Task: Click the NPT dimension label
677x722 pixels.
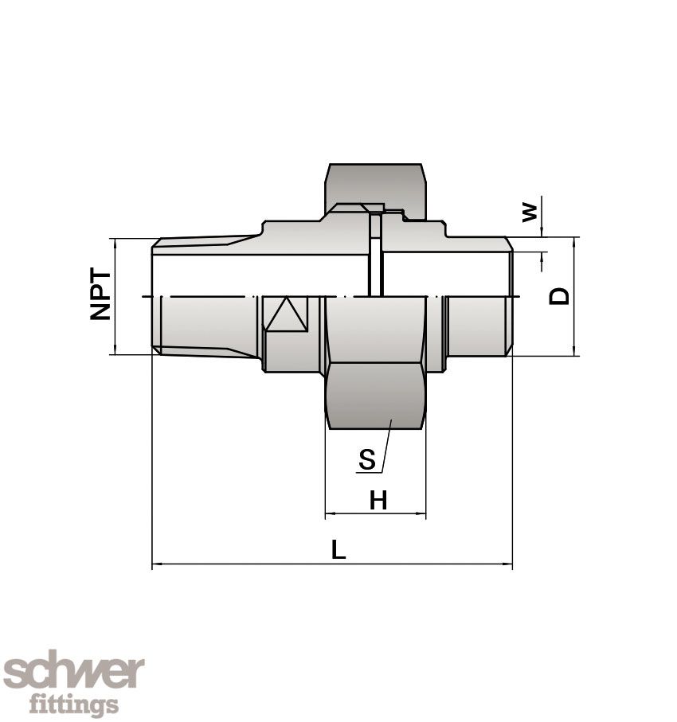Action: pyautogui.click(x=101, y=296)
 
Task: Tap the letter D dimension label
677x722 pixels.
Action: pyautogui.click(x=561, y=296)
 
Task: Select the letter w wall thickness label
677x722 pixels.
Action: pyautogui.click(x=528, y=212)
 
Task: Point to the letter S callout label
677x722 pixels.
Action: pyautogui.click(x=367, y=459)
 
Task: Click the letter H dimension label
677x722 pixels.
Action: pyautogui.click(x=378, y=501)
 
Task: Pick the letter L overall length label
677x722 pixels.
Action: pyautogui.click(x=338, y=549)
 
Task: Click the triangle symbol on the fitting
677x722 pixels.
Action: pyautogui.click(x=287, y=315)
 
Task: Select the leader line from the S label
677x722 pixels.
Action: pyautogui.click(x=385, y=446)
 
